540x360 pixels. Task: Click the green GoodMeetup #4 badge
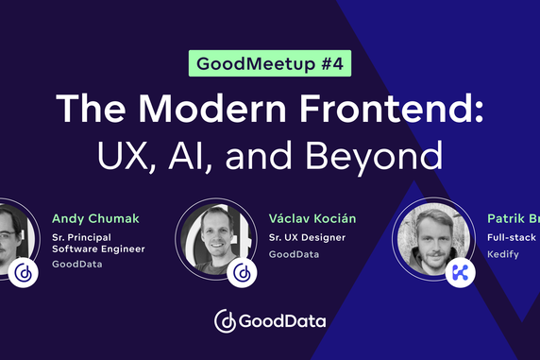tap(269, 65)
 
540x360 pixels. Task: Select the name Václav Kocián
tap(312, 219)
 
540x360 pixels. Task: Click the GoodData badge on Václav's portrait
tap(244, 272)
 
